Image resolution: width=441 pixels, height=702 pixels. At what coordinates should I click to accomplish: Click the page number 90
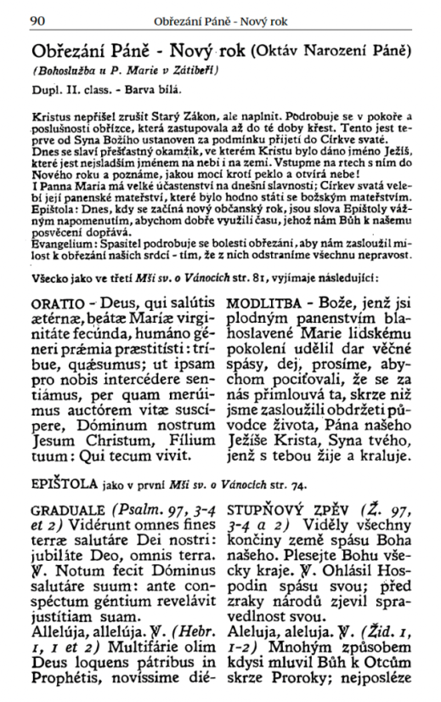37,19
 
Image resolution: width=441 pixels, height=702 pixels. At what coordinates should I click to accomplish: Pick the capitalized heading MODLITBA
263,303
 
